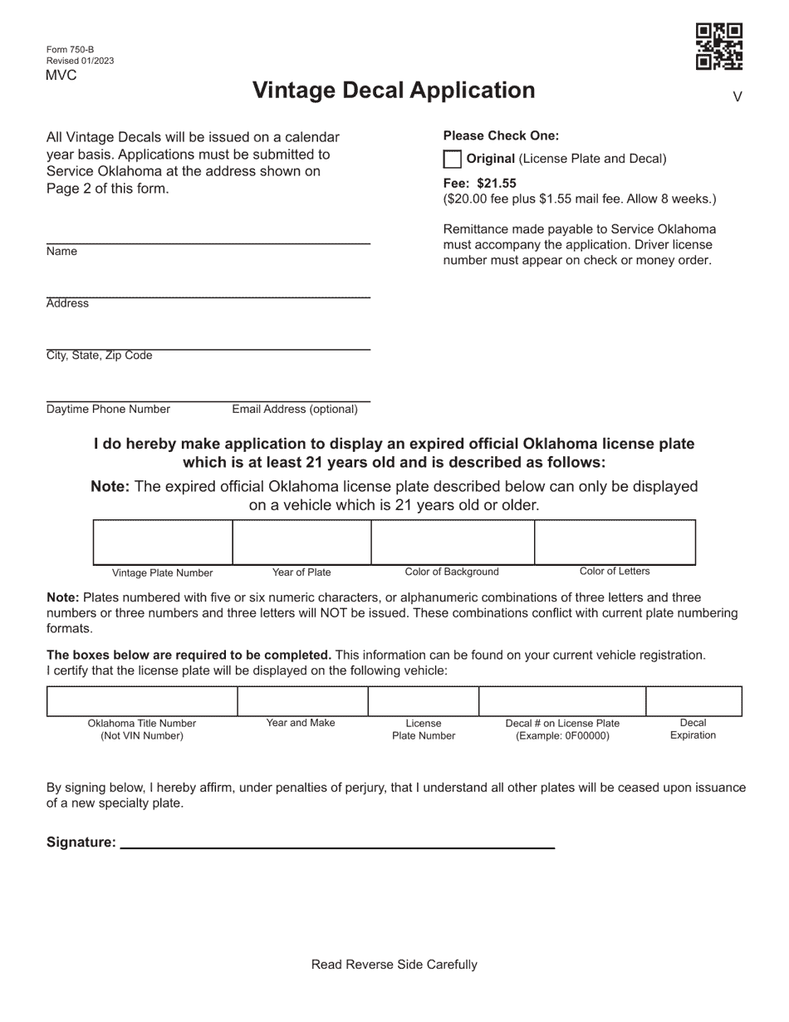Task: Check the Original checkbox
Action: pyautogui.click(x=453, y=160)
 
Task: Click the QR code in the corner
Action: pyautogui.click(x=718, y=47)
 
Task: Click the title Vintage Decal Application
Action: pyautogui.click(x=394, y=91)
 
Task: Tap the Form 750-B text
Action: pyautogui.click(x=70, y=49)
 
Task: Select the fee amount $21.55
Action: pyautogui.click(x=497, y=184)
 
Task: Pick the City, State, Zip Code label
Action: pyautogui.click(x=99, y=356)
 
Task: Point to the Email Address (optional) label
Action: pyautogui.click(x=295, y=410)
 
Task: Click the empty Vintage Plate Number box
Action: pyautogui.click(x=163, y=543)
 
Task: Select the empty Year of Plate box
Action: pyautogui.click(x=301, y=543)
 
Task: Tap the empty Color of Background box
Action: pyautogui.click(x=452, y=543)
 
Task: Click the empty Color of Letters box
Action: pyautogui.click(x=615, y=543)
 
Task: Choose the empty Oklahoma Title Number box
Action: pyautogui.click(x=142, y=701)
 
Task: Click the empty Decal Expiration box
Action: pyautogui.click(x=693, y=701)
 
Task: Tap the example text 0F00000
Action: pyautogui.click(x=584, y=736)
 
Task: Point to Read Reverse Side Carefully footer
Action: pyautogui.click(x=394, y=965)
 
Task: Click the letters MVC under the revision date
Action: pyautogui.click(x=61, y=76)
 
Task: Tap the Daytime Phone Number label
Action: pyautogui.click(x=108, y=410)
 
